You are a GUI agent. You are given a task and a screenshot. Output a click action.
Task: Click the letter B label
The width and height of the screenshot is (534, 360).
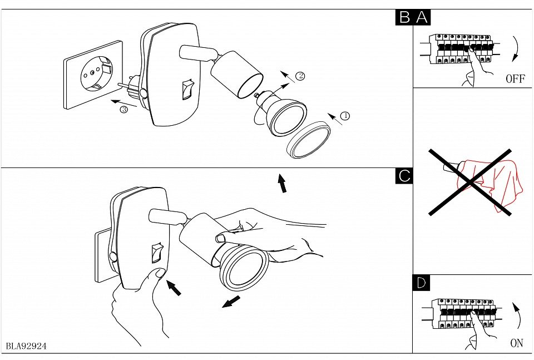(404, 17)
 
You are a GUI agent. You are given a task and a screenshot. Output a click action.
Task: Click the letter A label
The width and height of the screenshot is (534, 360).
(422, 17)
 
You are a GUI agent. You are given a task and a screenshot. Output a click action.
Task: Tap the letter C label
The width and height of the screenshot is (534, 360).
(404, 176)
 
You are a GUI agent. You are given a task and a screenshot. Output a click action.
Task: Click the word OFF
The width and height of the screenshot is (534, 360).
(515, 78)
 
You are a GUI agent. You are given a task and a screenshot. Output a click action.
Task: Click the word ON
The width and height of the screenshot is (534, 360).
(516, 343)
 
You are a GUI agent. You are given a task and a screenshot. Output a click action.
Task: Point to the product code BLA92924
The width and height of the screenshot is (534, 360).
(26, 346)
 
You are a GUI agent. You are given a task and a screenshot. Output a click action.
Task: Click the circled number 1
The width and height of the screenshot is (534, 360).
(345, 116)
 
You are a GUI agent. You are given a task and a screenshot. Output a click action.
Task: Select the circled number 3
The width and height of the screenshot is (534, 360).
(123, 110)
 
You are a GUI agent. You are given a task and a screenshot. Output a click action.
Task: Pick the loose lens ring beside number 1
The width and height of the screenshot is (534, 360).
(308, 141)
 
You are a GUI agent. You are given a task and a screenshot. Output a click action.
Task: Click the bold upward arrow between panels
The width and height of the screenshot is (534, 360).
(283, 183)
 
